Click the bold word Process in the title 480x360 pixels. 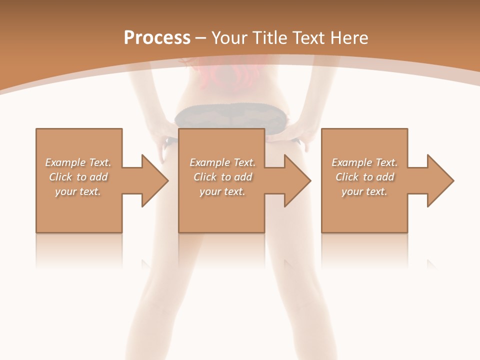[x=157, y=38]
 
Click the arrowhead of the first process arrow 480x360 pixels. [x=155, y=180]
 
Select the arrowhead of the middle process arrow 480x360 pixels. [x=297, y=180]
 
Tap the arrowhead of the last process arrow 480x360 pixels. [x=440, y=180]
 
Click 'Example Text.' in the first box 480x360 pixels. [x=78, y=162]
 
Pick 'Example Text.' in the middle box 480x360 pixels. [x=222, y=162]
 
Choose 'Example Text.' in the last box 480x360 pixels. [x=364, y=162]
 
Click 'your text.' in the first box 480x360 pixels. [x=78, y=191]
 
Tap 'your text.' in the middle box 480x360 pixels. [x=222, y=191]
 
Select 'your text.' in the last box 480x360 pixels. [x=364, y=191]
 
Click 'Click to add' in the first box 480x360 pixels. [x=78, y=177]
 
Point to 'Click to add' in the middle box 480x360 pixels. [x=222, y=177]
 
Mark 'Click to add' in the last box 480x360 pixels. [x=364, y=177]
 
